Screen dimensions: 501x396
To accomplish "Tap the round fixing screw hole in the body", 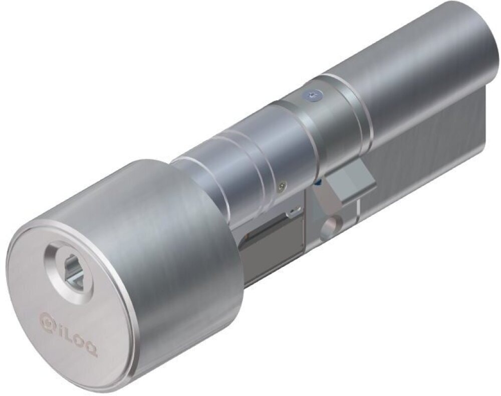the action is [x=331, y=228].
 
